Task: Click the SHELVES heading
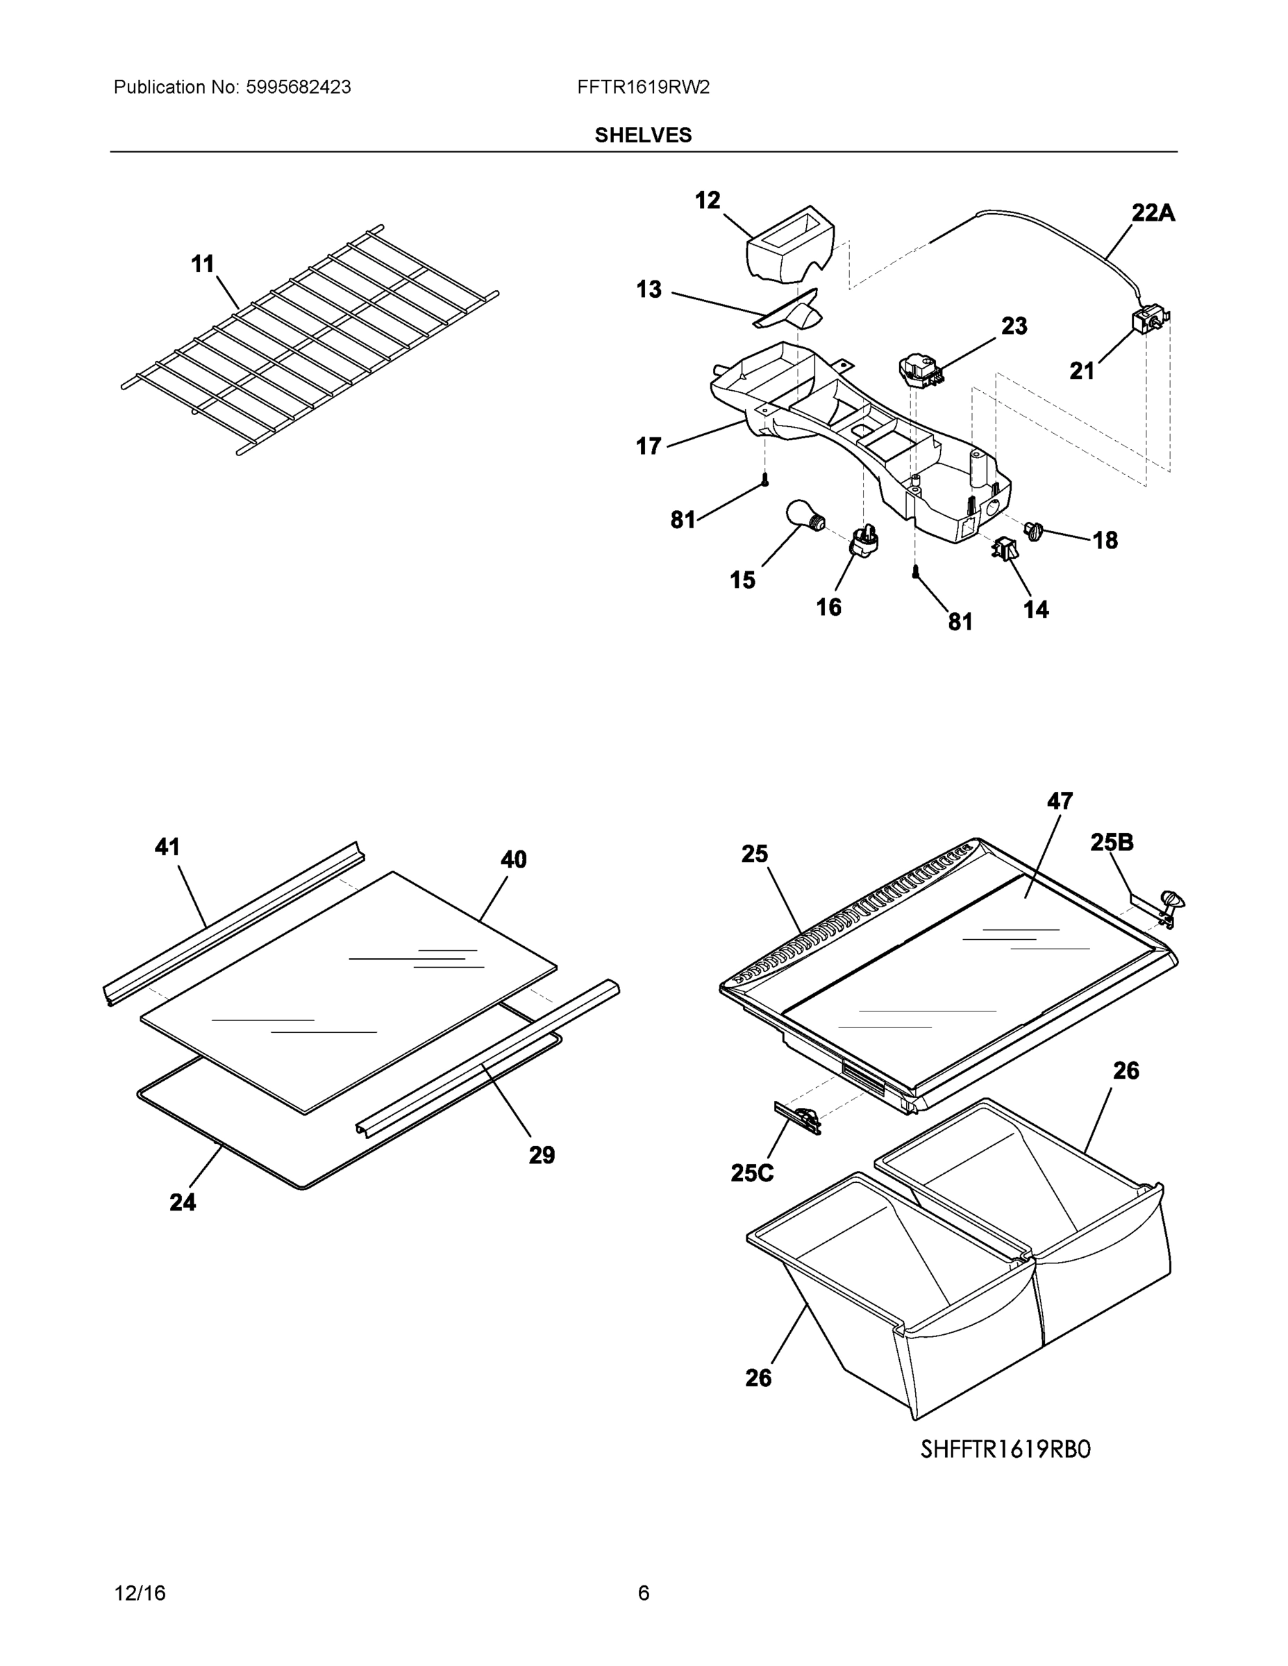coord(642,135)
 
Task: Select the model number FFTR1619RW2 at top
coord(643,87)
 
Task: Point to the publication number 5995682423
coord(298,87)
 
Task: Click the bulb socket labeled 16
coord(864,541)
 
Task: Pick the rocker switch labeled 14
coord(1005,548)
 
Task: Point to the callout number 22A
coord(1152,213)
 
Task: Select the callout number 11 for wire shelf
coord(202,264)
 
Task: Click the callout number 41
coord(167,847)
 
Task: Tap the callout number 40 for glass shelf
coord(514,859)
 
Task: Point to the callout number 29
coord(542,1155)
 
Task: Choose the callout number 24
coord(183,1202)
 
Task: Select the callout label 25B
coord(1112,842)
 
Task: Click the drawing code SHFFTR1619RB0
coord(1005,1449)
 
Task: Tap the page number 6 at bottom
coord(643,1593)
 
